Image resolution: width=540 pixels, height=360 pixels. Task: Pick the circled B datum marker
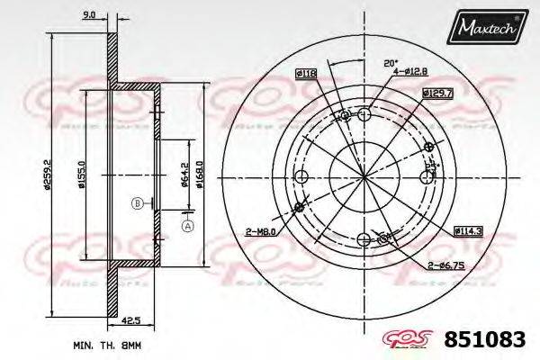[138, 202]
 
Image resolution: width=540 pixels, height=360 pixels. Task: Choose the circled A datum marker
[187, 225]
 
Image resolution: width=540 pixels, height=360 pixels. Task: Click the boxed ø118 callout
[305, 73]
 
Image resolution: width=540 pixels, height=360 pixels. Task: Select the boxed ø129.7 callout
[436, 93]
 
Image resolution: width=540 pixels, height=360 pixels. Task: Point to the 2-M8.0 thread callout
[260, 232]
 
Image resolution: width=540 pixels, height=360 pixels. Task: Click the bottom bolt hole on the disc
[364, 239]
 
